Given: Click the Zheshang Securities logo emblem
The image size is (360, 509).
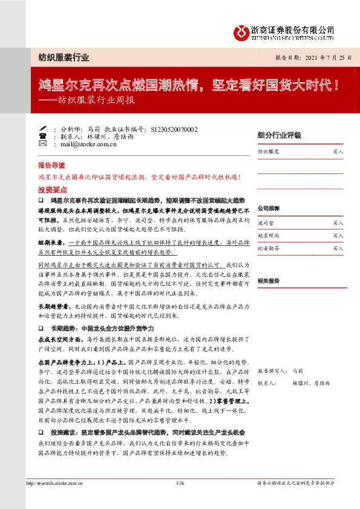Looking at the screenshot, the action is point(244,31).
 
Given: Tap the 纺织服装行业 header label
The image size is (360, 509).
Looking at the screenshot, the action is point(59,58).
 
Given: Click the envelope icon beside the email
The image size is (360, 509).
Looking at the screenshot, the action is point(42,144).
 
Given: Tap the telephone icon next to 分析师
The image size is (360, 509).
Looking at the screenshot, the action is point(42,129).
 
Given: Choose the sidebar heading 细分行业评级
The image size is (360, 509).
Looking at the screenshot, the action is point(279,135).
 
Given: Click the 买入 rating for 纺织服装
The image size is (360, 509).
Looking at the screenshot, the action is point(338,152).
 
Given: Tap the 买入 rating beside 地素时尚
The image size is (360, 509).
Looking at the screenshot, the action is point(338,236).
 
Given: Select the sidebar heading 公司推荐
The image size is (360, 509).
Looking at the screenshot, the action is point(270,208).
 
